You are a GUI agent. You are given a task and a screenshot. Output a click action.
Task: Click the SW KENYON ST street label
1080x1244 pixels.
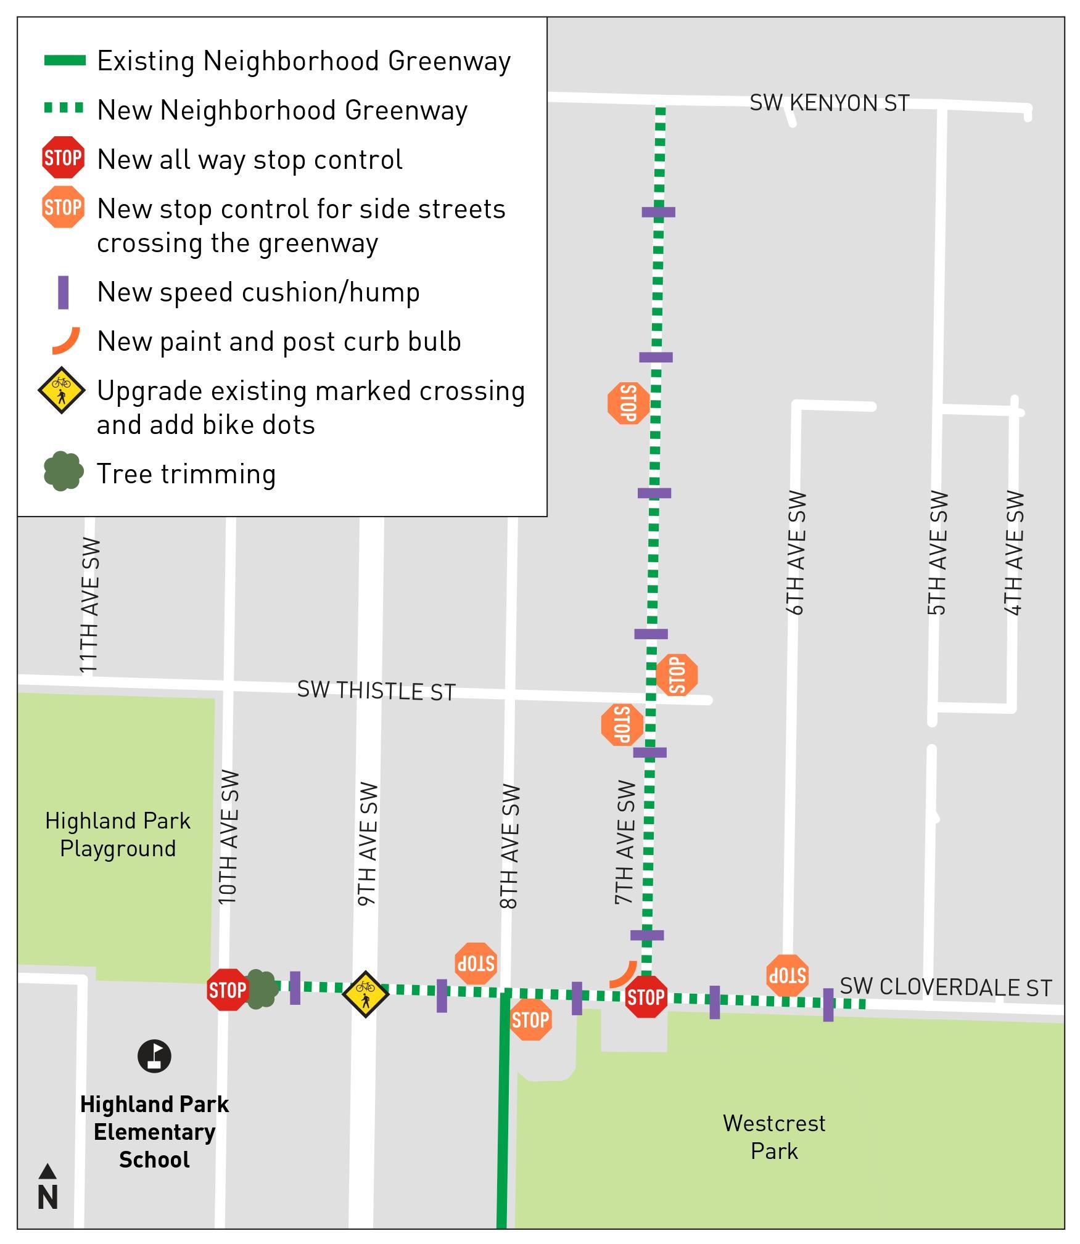[829, 103]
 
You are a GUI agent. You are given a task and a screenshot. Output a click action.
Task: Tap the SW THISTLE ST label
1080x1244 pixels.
[376, 690]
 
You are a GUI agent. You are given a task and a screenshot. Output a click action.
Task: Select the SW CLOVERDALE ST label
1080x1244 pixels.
[946, 987]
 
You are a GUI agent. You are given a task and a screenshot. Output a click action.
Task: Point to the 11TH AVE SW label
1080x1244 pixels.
[89, 605]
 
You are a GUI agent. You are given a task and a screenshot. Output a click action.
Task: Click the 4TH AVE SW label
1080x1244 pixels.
[1013, 552]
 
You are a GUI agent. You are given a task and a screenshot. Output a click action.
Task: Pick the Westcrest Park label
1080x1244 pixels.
[773, 1137]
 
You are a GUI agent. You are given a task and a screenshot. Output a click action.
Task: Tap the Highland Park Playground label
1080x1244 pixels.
[118, 834]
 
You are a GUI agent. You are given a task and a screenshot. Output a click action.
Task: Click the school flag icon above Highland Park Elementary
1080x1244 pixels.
[154, 1056]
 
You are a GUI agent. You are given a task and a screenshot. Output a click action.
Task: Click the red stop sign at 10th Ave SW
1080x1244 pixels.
[227, 990]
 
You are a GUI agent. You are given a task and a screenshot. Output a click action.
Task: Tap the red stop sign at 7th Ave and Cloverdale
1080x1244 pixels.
[646, 997]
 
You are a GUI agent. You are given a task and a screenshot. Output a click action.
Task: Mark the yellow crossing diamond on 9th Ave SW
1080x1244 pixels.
[365, 994]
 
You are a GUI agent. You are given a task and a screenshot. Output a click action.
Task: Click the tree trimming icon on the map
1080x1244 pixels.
[262, 989]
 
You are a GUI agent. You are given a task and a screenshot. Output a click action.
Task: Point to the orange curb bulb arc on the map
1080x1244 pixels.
[624, 975]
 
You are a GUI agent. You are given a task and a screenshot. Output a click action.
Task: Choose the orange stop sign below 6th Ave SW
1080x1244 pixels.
[787, 976]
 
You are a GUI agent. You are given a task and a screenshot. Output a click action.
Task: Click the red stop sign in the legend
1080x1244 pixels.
[63, 158]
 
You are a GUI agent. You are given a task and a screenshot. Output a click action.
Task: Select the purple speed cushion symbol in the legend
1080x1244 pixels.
[63, 292]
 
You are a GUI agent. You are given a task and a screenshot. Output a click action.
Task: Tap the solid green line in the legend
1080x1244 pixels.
[65, 60]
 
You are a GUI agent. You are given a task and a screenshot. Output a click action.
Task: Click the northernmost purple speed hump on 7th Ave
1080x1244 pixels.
[658, 212]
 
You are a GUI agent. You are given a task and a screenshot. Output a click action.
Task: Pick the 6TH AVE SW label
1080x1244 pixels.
[796, 552]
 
